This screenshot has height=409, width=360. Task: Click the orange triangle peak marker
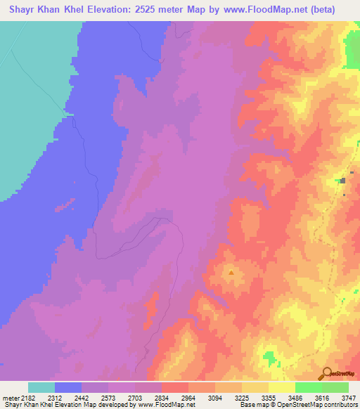(231, 271)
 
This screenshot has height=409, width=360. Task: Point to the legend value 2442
(82, 398)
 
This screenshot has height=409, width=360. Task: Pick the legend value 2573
(109, 398)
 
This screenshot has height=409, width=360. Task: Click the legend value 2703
(136, 398)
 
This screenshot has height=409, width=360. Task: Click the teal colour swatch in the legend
(41, 387)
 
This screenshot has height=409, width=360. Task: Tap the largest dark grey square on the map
(342, 181)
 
